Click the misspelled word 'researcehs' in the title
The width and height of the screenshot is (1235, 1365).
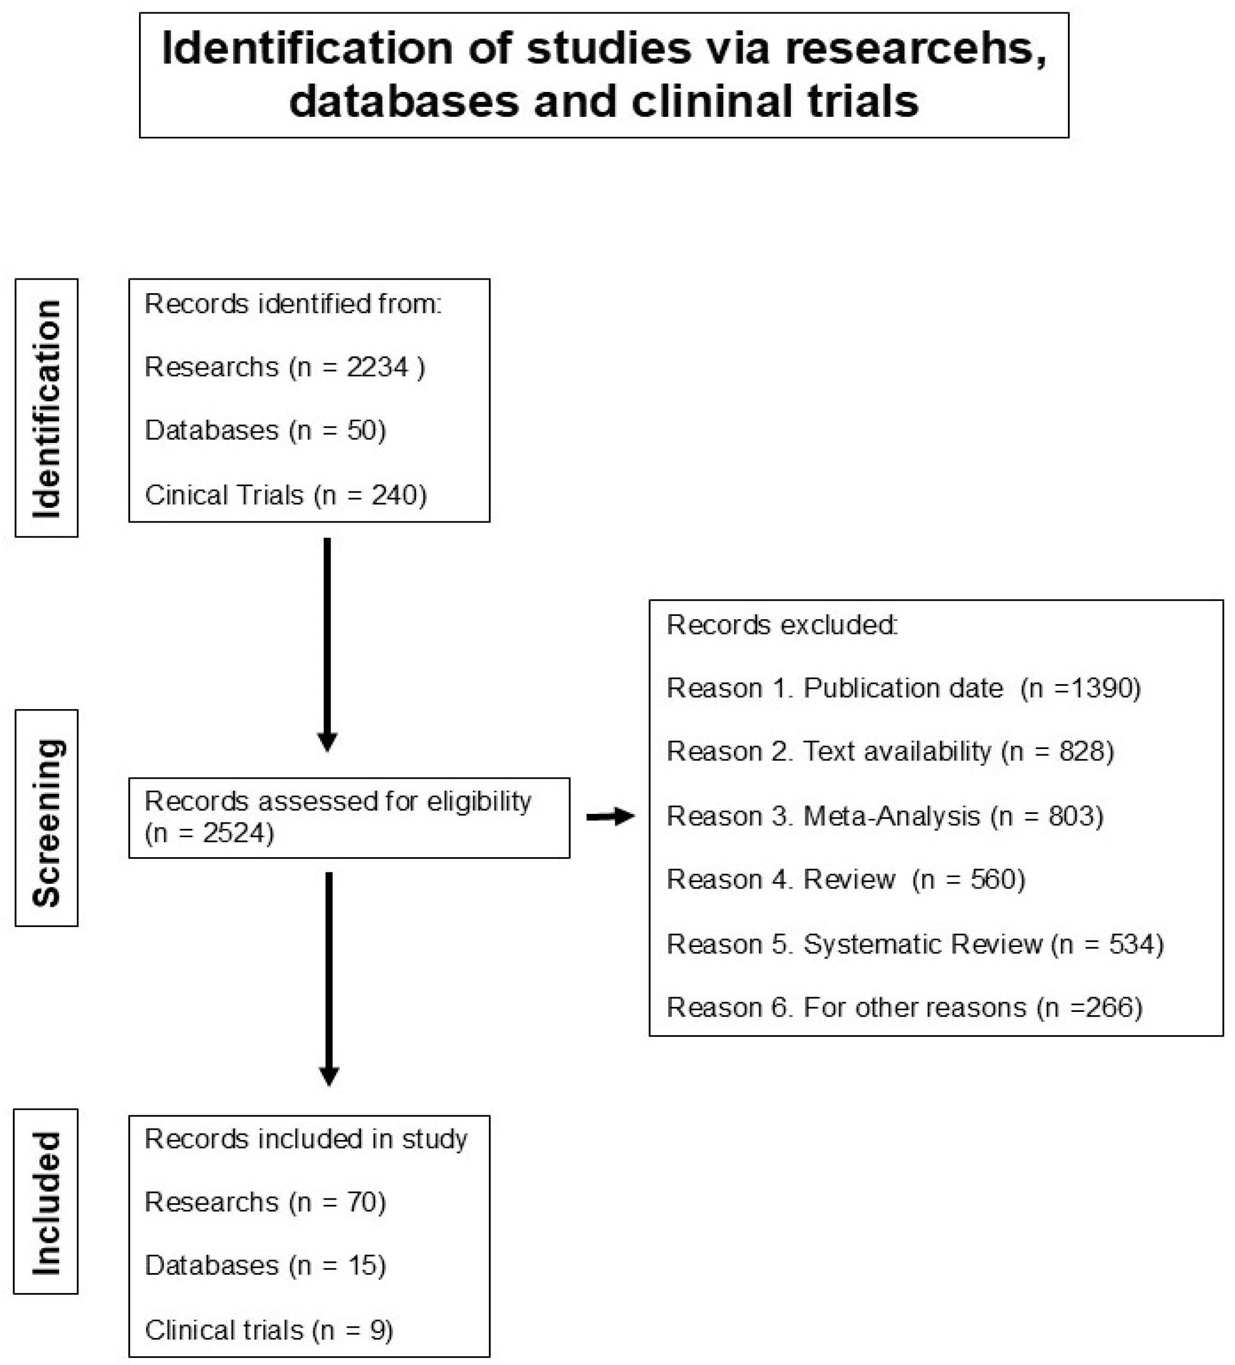(914, 49)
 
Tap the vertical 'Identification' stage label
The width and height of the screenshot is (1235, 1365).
(46, 408)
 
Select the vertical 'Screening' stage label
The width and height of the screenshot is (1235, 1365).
(46, 822)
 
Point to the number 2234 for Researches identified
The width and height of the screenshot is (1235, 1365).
(378, 368)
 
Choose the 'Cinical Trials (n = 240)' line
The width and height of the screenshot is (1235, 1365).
(285, 495)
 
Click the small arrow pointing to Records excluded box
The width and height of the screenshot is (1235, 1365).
(609, 817)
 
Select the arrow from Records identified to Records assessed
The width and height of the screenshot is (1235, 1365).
(327, 643)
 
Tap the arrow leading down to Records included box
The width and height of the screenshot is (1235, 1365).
(328, 978)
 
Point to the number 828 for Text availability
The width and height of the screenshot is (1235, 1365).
(1081, 752)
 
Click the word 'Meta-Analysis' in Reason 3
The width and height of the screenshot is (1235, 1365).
(891, 817)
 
